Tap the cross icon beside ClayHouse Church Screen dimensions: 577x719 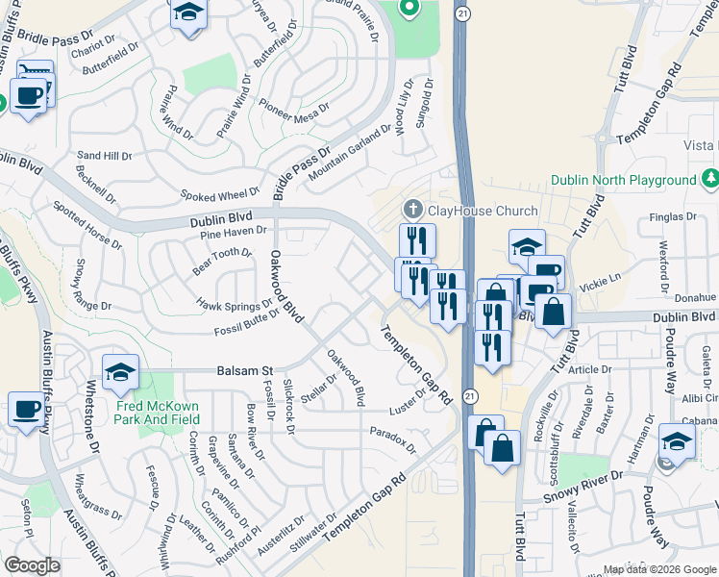[x=413, y=210]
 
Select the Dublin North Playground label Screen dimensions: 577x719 [x=623, y=180]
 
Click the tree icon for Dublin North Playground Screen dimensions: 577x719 [x=710, y=179]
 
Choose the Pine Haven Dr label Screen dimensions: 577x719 [x=234, y=231]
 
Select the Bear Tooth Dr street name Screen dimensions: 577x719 [x=222, y=261]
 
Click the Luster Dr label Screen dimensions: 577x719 [x=409, y=398]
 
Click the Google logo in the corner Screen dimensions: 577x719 [x=33, y=565]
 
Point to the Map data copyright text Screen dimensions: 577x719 [x=658, y=568]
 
